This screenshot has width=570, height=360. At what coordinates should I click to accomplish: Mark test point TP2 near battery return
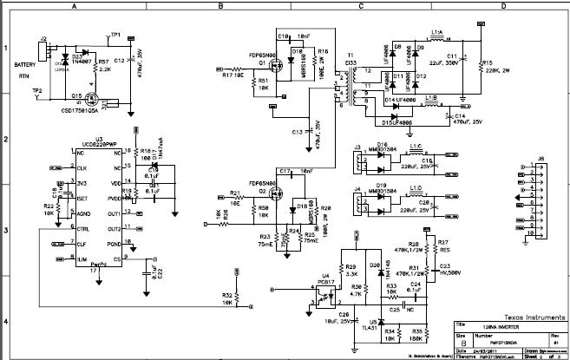(36, 90)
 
